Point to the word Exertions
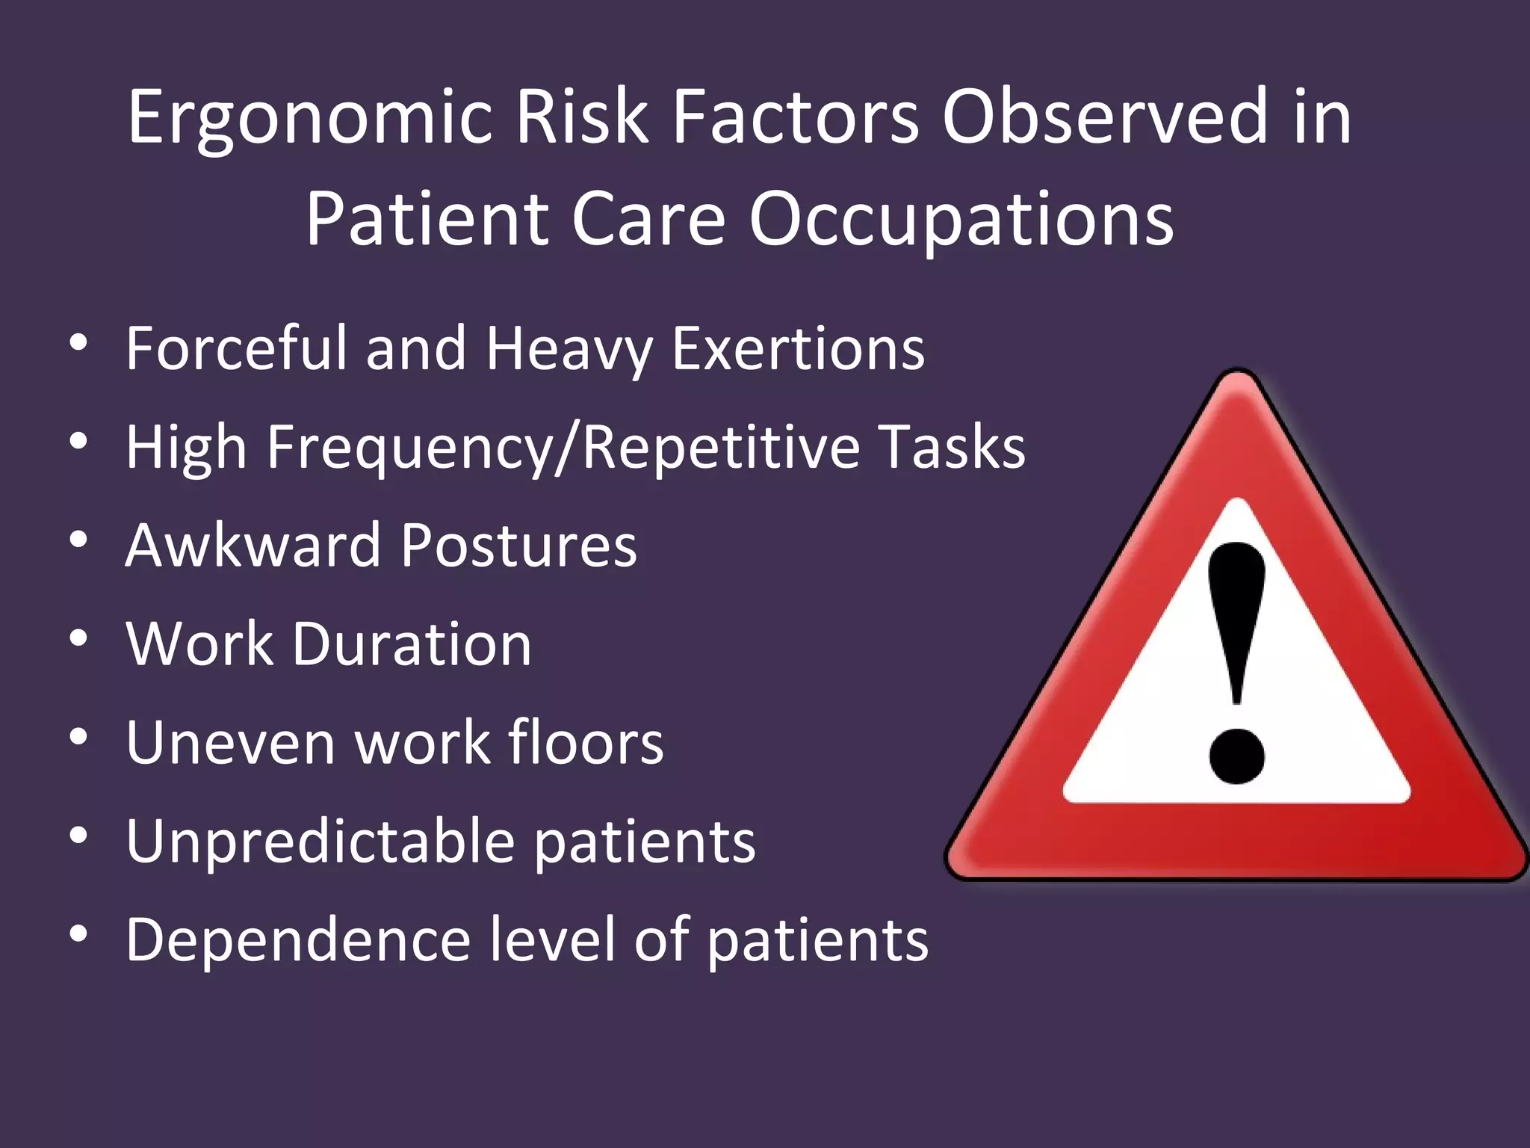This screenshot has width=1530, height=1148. coord(798,348)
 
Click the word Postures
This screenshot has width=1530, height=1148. coord(518,546)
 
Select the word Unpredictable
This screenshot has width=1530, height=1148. coord(320,842)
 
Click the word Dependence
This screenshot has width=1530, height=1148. coord(297,939)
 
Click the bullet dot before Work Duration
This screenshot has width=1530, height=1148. coord(78,639)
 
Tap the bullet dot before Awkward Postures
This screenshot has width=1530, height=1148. coord(78,540)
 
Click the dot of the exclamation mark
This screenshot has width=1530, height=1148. coord(1236,756)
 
